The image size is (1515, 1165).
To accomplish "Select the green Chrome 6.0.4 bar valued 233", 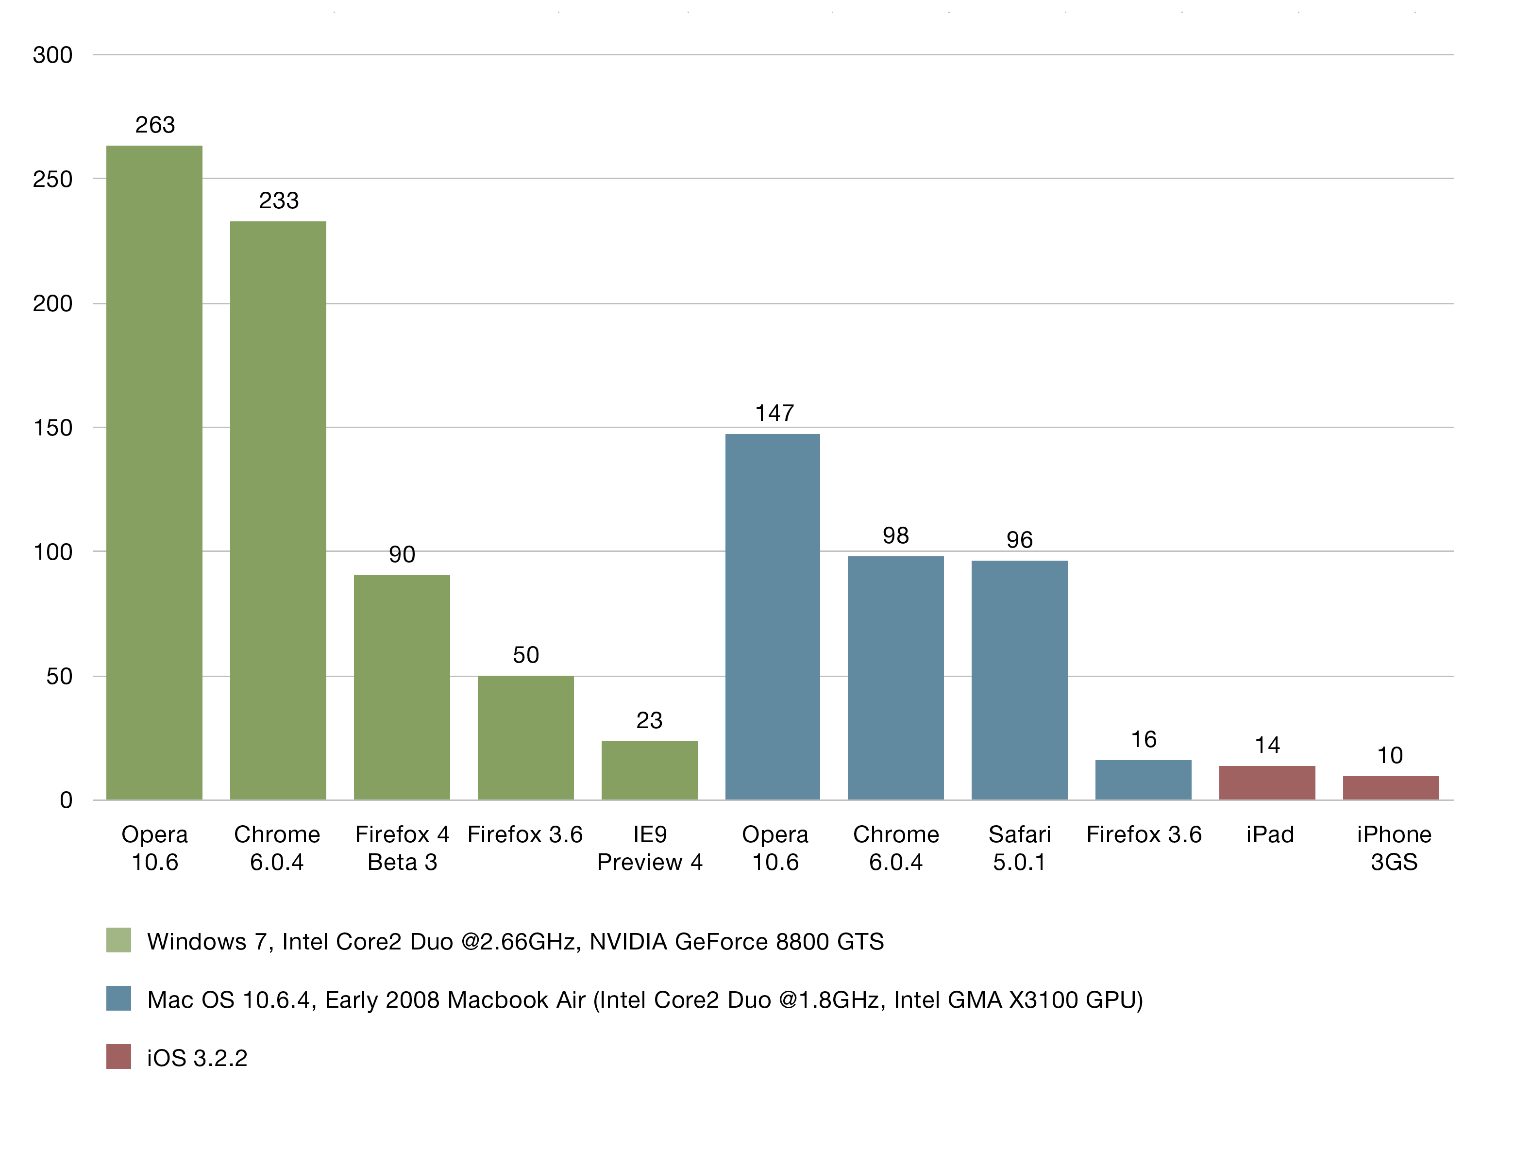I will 278,510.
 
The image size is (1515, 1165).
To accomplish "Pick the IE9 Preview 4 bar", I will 649,770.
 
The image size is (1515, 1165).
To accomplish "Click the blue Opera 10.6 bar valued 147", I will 773,616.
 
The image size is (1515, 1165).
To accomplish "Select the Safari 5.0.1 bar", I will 1019,680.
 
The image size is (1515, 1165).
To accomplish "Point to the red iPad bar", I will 1267,783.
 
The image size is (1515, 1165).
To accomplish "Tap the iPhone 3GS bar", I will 1391,788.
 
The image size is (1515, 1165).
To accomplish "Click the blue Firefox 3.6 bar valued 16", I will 1143,780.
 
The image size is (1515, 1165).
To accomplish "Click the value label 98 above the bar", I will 895,535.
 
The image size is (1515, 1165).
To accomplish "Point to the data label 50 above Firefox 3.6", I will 526,655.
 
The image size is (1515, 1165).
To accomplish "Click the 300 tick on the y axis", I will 53,55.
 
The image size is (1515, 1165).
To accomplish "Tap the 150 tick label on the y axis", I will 53,428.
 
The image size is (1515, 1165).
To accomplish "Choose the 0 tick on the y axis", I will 66,800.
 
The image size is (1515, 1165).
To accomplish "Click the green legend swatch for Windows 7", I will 118,940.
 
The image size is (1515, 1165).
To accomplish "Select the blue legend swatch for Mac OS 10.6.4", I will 118,999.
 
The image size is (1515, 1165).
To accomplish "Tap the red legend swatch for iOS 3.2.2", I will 118,1057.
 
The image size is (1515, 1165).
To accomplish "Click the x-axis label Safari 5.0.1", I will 1019,848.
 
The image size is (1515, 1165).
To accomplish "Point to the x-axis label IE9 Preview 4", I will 649,848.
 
